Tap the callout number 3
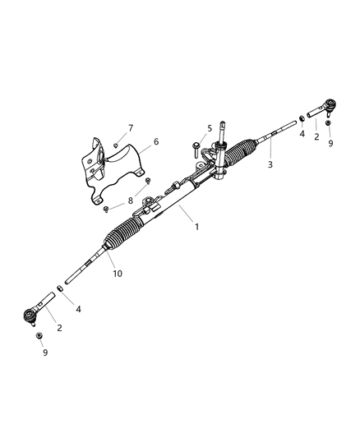[x=270, y=164]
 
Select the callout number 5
[x=209, y=128]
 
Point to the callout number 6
[x=155, y=141]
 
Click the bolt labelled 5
[x=196, y=148]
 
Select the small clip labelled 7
[x=116, y=146]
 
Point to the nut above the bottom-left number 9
[x=38, y=336]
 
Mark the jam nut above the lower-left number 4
[x=59, y=289]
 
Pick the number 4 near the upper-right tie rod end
[x=302, y=133]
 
